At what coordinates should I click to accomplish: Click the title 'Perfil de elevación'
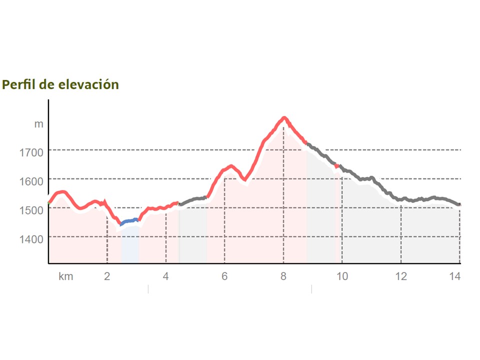(60, 84)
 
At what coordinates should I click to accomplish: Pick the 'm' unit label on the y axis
(38, 124)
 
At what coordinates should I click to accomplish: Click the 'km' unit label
(66, 276)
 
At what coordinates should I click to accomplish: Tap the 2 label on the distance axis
(107, 276)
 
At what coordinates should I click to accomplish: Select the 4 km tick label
(166, 276)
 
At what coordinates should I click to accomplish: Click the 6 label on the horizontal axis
(224, 276)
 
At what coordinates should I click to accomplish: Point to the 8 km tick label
(283, 276)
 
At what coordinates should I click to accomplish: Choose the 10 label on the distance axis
(342, 276)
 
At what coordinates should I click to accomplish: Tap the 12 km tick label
(401, 276)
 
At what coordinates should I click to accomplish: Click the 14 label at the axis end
(455, 276)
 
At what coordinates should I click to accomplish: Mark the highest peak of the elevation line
(284, 118)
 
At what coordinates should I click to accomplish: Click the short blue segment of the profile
(129, 220)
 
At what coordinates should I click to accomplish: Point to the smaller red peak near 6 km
(230, 166)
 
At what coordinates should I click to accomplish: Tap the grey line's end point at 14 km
(459, 204)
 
